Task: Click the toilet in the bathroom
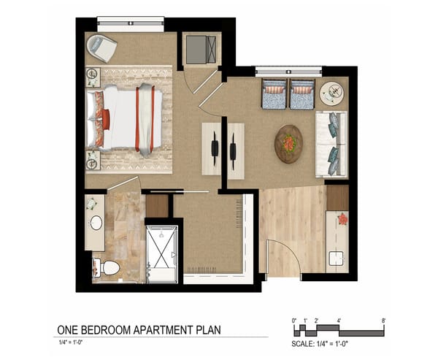(107, 268)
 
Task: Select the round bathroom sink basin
(96, 222)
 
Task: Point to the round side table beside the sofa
(332, 91)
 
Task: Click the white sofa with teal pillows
(331, 145)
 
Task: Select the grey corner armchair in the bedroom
(101, 48)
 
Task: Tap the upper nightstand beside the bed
(93, 77)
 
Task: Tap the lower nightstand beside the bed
(93, 159)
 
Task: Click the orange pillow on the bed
(106, 118)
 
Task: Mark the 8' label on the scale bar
(383, 321)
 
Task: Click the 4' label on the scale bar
(339, 321)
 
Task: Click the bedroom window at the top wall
(130, 20)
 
